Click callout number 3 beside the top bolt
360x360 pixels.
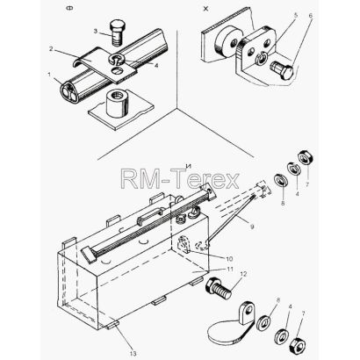point(96,31)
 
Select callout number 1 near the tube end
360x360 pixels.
point(49,75)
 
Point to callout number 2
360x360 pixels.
point(51,49)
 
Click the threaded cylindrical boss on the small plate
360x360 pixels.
point(118,104)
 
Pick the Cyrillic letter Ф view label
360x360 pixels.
point(70,8)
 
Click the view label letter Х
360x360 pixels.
point(206,9)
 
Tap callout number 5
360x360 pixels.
point(295,16)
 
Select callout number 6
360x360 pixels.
point(311,15)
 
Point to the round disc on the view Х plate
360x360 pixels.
point(227,42)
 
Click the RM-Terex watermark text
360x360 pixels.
point(180,179)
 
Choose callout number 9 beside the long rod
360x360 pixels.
point(252,227)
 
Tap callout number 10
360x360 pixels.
point(229,259)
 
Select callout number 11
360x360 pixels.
point(230,269)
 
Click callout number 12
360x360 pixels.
point(243,274)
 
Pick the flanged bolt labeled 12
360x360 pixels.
point(219,288)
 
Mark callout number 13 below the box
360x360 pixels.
point(133,354)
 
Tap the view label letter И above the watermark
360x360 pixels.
point(188,166)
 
